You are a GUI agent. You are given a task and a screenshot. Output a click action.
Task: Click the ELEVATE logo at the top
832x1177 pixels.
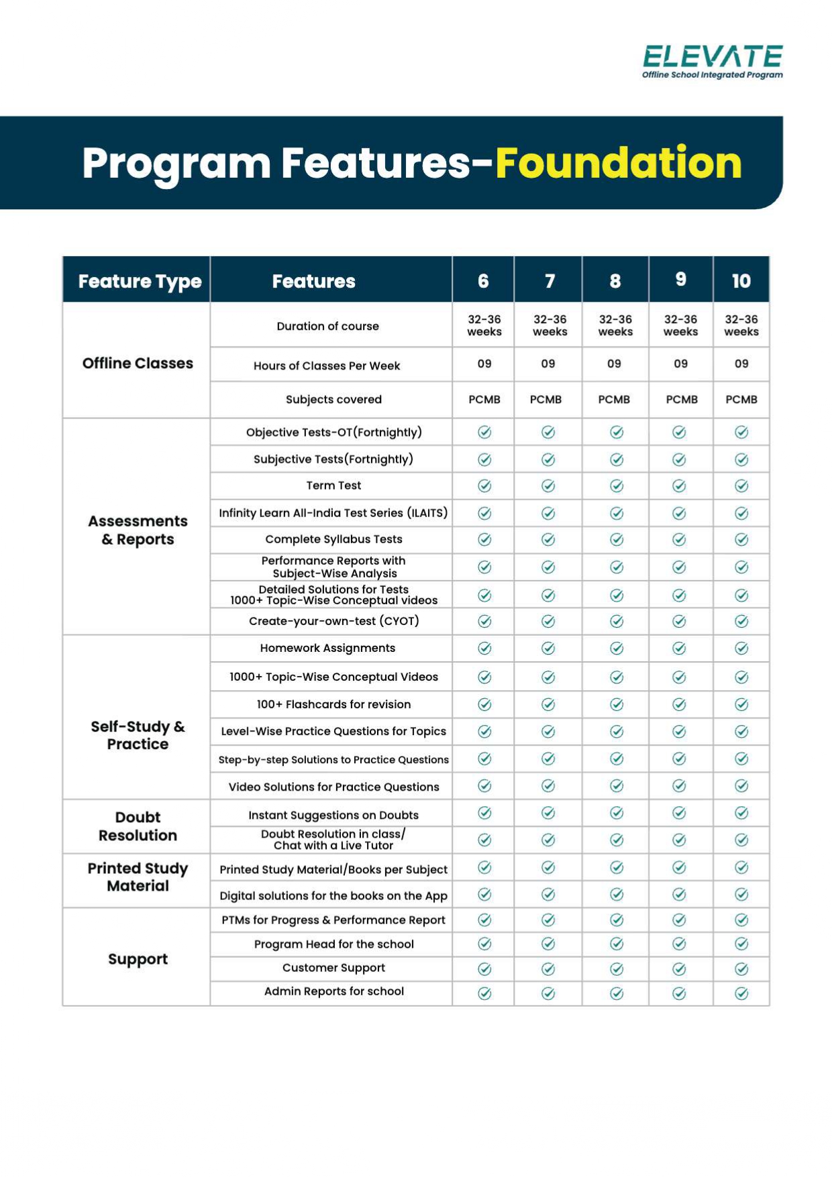pyautogui.click(x=712, y=61)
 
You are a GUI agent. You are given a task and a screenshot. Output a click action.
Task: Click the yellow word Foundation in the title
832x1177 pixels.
pyautogui.click(x=618, y=163)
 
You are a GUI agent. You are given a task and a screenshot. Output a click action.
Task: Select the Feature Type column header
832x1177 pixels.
pyautogui.click(x=140, y=281)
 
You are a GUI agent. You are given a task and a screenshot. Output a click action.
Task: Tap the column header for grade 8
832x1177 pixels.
pyautogui.click(x=615, y=281)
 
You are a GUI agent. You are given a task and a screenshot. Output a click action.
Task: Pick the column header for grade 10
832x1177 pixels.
pyautogui.click(x=741, y=281)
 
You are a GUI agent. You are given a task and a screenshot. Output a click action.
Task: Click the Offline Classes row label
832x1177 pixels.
pyautogui.click(x=138, y=363)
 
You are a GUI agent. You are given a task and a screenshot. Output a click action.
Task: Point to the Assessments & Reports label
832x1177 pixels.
pyautogui.click(x=138, y=530)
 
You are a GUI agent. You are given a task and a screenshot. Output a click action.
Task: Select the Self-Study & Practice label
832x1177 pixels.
pyautogui.click(x=138, y=735)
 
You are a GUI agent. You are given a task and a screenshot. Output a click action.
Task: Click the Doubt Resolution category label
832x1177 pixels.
pyautogui.click(x=138, y=826)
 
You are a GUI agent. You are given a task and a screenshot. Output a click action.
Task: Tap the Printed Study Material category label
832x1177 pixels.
pyautogui.click(x=138, y=877)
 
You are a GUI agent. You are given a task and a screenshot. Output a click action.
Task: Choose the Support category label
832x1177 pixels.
pyautogui.click(x=138, y=959)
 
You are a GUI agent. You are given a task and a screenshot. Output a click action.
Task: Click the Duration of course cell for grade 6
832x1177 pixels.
pyautogui.click(x=484, y=325)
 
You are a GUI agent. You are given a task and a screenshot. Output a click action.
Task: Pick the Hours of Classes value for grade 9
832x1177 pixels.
pyautogui.click(x=680, y=363)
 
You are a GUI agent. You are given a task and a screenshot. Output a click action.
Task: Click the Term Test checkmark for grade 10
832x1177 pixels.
pyautogui.click(x=741, y=486)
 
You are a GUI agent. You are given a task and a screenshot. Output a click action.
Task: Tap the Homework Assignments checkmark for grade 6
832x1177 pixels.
pyautogui.click(x=484, y=649)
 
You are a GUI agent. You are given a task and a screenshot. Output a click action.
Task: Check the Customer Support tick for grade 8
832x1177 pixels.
pyautogui.click(x=617, y=968)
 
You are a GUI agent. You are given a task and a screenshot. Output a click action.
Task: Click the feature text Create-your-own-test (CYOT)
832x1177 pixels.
pyautogui.click(x=333, y=621)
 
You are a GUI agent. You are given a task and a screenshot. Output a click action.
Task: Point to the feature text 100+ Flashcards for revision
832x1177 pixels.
pyautogui.click(x=333, y=704)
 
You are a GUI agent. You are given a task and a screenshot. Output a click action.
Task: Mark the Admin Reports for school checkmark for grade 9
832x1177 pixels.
pyautogui.click(x=679, y=993)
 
